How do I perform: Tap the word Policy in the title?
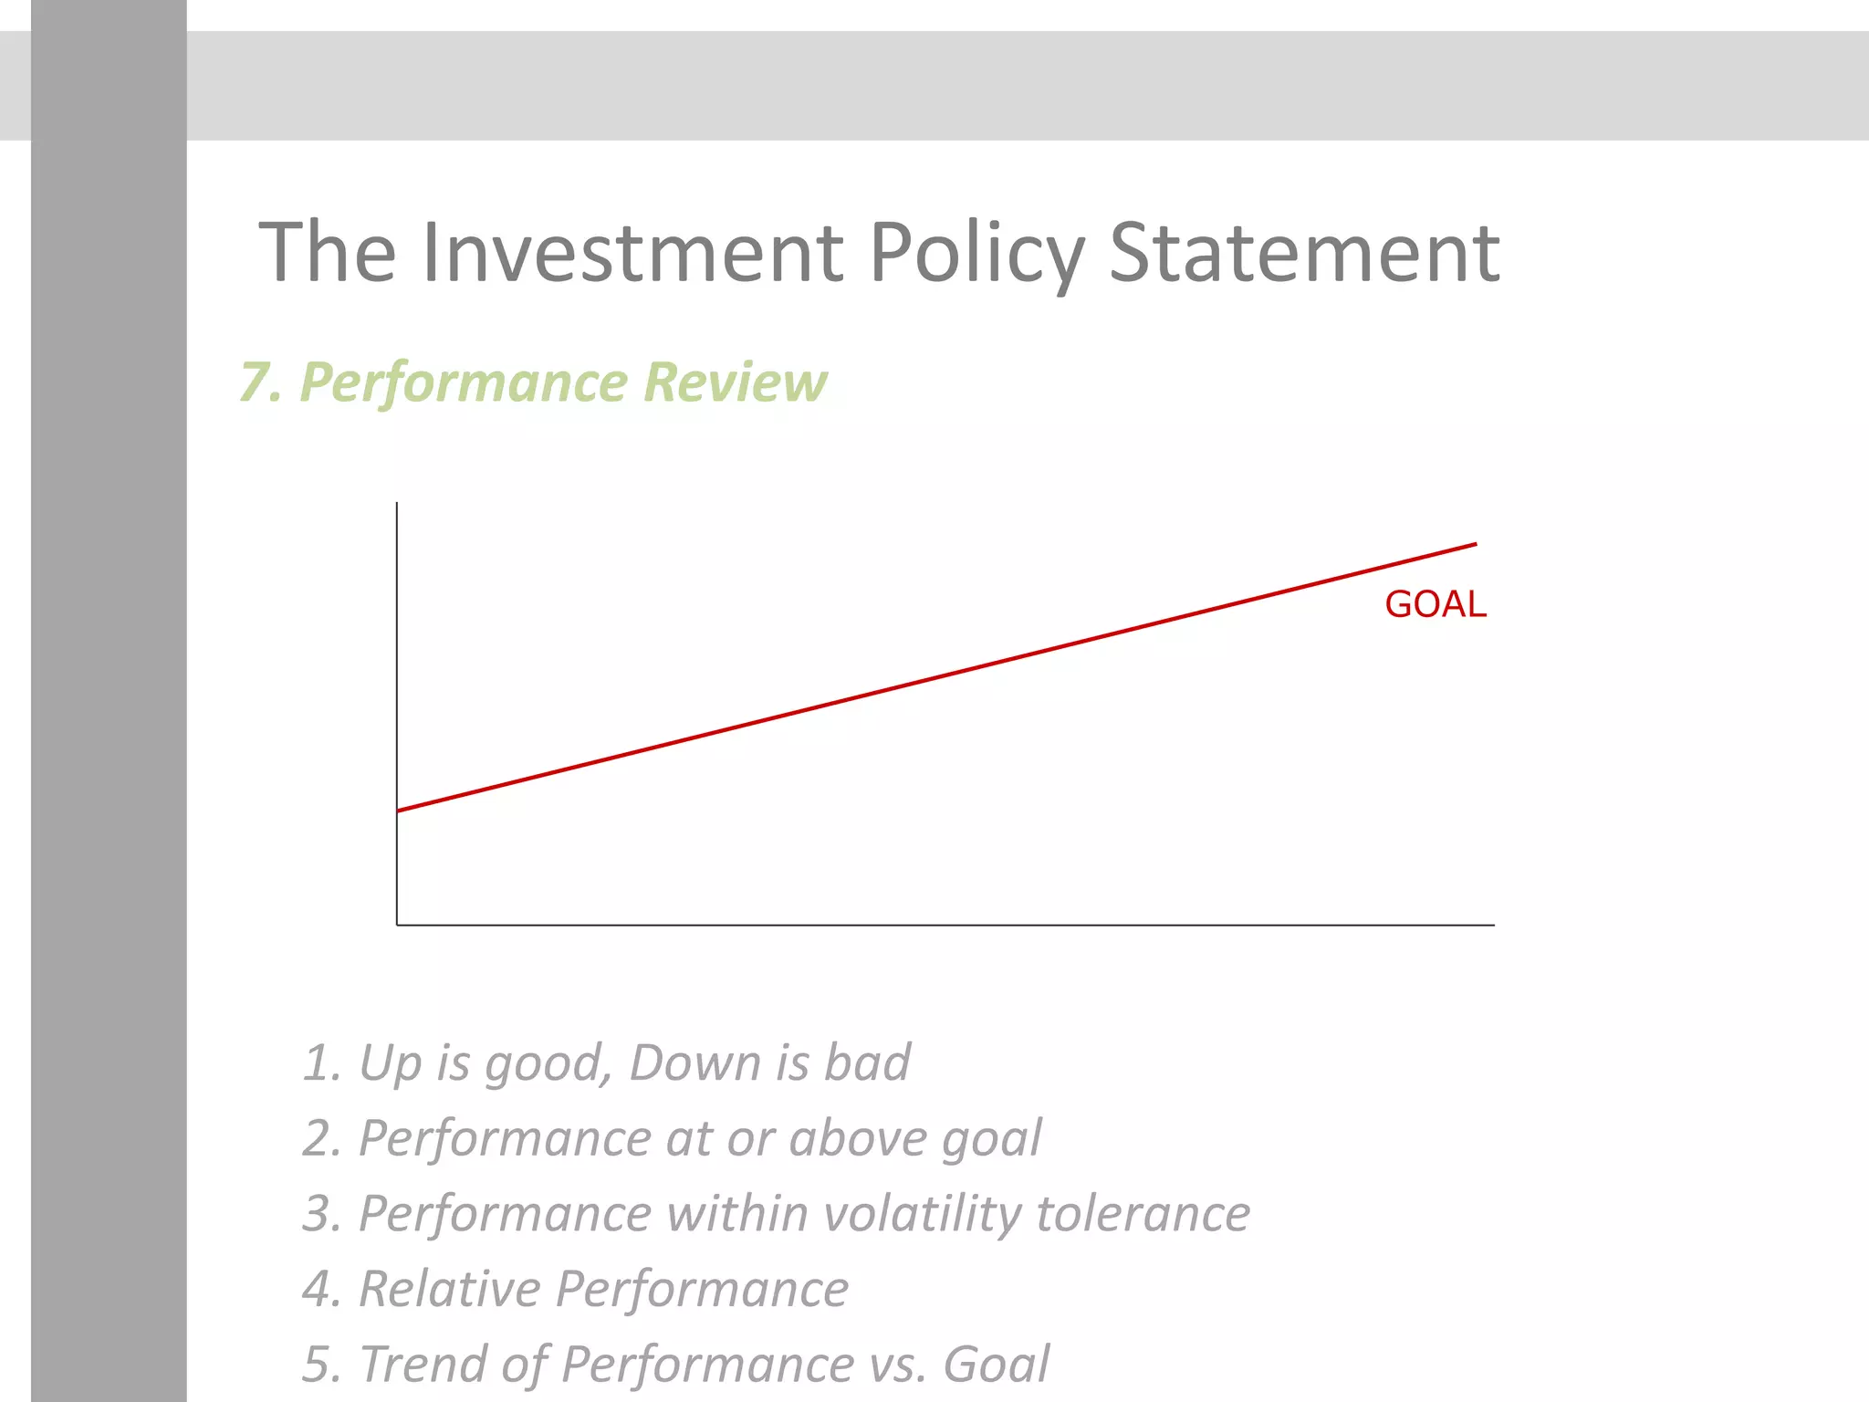(x=976, y=255)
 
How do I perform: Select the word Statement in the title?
(x=1304, y=253)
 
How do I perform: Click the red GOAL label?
(x=1436, y=605)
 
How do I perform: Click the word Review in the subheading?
(x=736, y=382)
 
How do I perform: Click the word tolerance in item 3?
(x=1143, y=1215)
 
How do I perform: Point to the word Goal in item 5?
(x=996, y=1365)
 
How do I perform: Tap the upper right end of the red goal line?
(x=1475, y=545)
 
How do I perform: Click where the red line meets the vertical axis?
(x=398, y=811)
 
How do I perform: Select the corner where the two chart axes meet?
(x=398, y=925)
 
